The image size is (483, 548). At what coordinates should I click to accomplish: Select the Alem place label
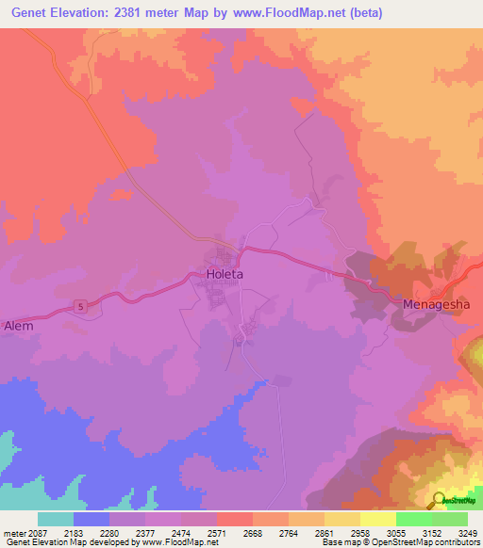19,326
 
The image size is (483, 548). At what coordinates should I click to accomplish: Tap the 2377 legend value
143,532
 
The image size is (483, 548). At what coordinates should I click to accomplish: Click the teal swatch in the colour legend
56,519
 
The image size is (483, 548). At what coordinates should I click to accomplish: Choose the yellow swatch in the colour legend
378,519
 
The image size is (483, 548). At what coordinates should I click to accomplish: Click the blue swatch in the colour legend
92,519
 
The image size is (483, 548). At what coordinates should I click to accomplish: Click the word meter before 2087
14,532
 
